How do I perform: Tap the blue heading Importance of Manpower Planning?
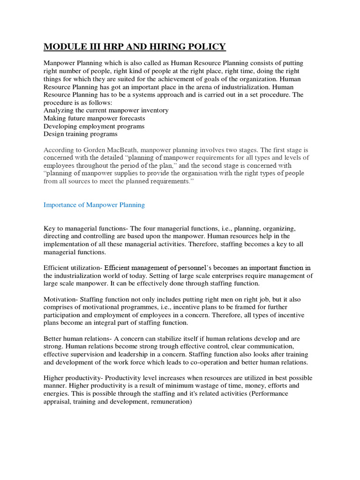click(94, 205)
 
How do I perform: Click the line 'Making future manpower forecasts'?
click(94, 118)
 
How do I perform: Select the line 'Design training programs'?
click(81, 134)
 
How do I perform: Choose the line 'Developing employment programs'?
click(94, 126)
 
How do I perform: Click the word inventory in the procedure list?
click(153, 110)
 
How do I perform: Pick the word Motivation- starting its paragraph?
click(61, 299)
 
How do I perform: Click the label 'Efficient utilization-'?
click(73, 268)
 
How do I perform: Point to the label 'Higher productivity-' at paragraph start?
click(73, 378)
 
